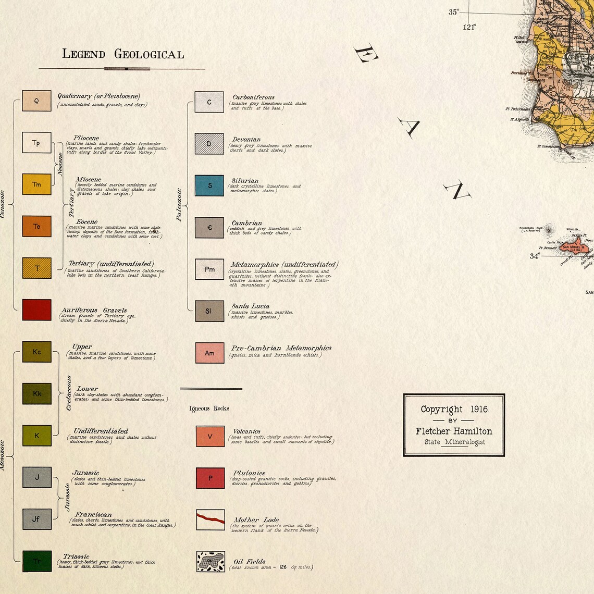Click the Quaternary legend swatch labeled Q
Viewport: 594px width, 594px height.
(36, 101)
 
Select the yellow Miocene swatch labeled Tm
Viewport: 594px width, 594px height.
(36, 184)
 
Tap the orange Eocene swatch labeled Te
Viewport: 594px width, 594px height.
(36, 226)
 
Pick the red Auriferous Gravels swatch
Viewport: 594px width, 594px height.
(36, 310)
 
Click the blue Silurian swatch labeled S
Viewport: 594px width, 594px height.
(209, 185)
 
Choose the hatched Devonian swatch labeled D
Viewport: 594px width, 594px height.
(209, 144)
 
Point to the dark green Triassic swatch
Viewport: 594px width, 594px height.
(37, 561)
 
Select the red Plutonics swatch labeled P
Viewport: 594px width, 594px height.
(210, 478)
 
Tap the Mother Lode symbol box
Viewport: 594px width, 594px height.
(211, 520)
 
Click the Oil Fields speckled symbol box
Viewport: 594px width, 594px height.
(211, 562)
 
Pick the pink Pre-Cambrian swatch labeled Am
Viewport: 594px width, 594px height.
(209, 353)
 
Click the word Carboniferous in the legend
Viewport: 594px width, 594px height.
(253, 97)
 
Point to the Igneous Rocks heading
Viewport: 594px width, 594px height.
(209, 409)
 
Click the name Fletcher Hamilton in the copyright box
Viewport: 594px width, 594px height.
(454, 431)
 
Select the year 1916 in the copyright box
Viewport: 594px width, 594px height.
(478, 410)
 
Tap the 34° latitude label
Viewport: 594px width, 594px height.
(535, 256)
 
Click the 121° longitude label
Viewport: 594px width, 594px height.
(469, 27)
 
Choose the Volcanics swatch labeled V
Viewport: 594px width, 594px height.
(210, 436)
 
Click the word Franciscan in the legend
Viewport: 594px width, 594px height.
(93, 514)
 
